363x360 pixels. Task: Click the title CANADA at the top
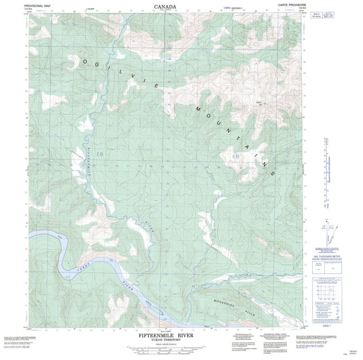point(166,7)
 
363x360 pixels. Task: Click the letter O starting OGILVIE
point(85,61)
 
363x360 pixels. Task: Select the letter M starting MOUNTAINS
point(198,109)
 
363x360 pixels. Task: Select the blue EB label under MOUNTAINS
point(235,156)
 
